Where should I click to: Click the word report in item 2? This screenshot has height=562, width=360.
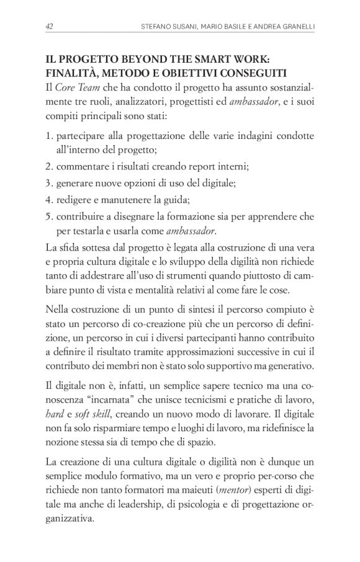[209, 167]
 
